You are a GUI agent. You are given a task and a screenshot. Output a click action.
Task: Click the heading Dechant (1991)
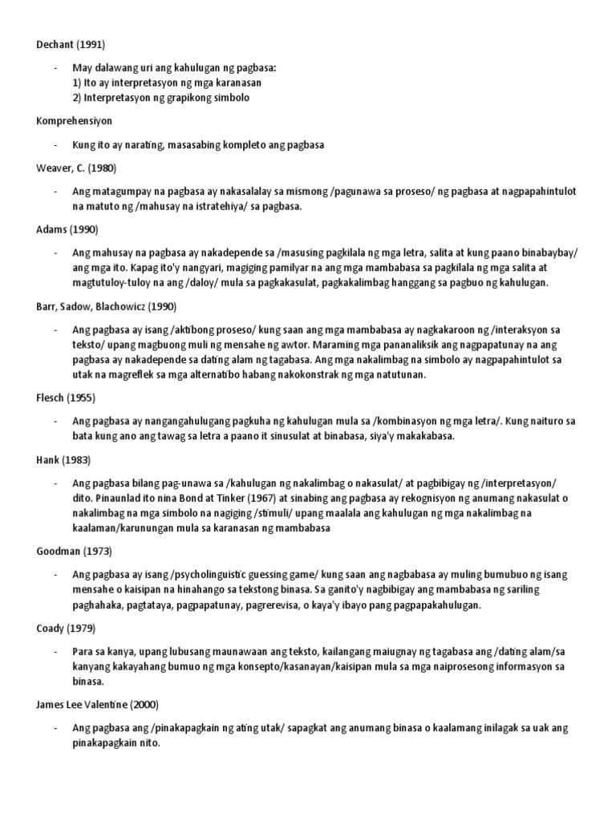[71, 44]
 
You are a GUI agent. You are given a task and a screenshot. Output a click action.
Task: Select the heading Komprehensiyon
[74, 121]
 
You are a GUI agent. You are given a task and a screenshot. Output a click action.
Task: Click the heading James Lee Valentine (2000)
[97, 705]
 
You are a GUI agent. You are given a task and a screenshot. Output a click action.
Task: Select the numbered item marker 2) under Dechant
[78, 98]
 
